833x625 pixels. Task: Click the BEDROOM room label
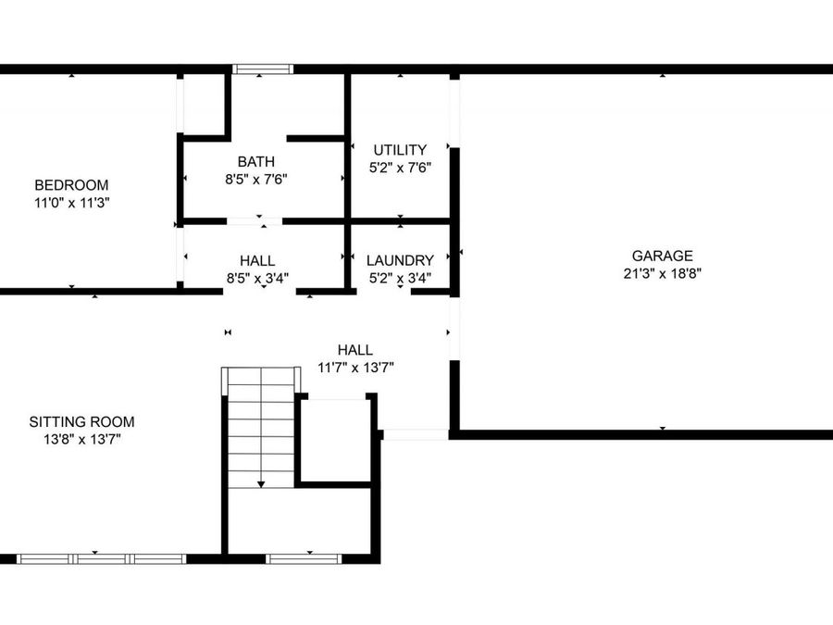(x=71, y=184)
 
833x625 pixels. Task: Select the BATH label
(x=255, y=161)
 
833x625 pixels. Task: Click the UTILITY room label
(x=400, y=150)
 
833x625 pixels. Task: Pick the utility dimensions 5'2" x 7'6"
(x=400, y=168)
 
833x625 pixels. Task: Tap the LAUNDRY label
(x=400, y=261)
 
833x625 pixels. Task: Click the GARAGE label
(x=662, y=256)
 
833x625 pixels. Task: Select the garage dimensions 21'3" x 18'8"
(x=662, y=273)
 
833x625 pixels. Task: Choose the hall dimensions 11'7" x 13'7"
(x=354, y=368)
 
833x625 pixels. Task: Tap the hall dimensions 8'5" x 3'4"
(x=256, y=278)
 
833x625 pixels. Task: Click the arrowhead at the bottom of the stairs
(x=261, y=482)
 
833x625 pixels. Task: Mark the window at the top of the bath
(x=263, y=68)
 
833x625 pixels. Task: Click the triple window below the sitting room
(x=102, y=558)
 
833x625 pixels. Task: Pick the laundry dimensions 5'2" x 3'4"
(x=400, y=278)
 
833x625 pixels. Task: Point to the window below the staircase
(x=304, y=558)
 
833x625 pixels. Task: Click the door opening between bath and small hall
(x=255, y=221)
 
